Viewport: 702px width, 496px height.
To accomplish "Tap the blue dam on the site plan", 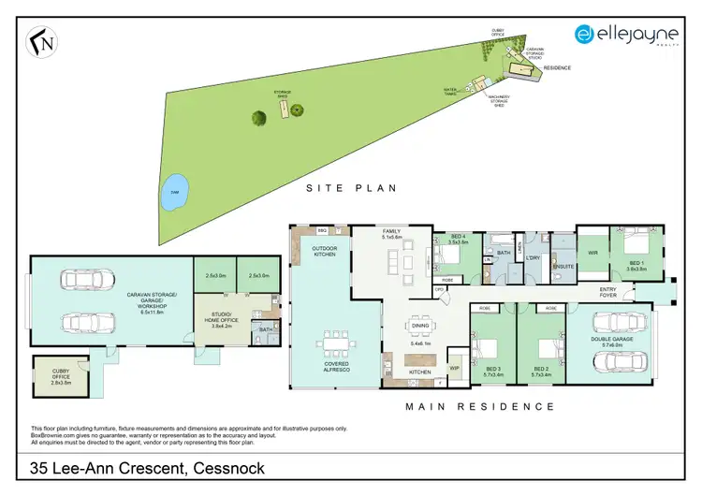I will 172,194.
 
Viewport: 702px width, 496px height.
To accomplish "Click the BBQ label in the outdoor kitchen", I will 321,229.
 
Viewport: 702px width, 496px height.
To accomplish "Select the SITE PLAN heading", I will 352,188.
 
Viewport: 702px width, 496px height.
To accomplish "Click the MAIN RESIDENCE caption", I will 479,406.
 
